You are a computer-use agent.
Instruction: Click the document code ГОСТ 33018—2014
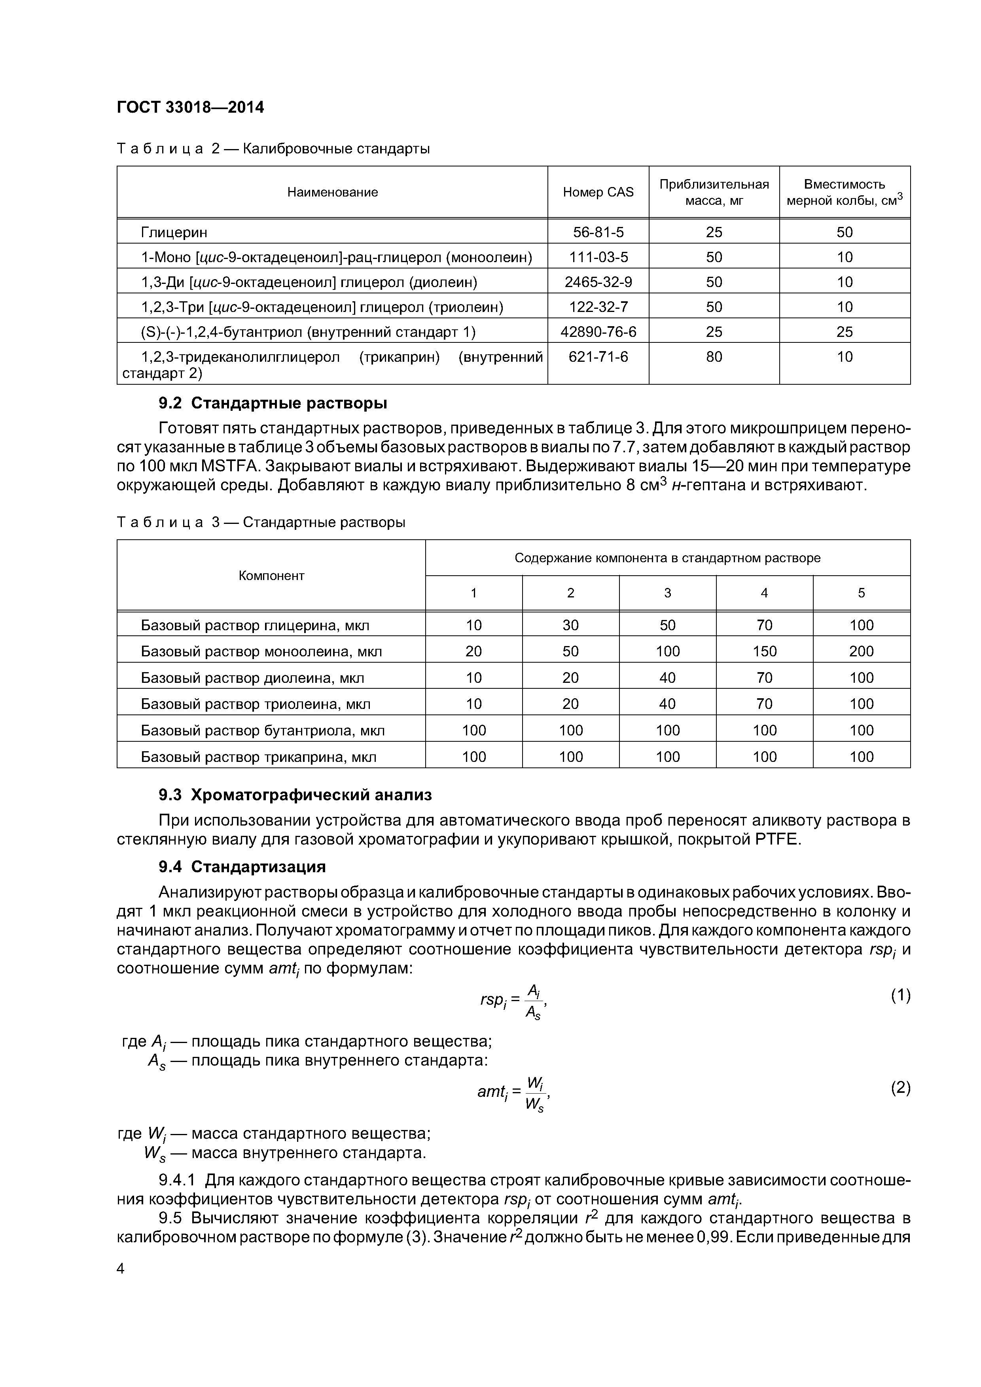click(190, 108)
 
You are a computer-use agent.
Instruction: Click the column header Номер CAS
click(598, 192)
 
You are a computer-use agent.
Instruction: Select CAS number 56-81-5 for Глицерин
click(598, 232)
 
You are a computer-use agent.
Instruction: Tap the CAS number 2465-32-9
click(598, 282)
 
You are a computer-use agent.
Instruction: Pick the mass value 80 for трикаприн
click(714, 357)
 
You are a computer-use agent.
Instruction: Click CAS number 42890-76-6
click(598, 332)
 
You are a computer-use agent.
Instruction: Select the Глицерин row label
click(174, 232)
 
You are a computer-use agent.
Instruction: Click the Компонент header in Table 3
click(271, 576)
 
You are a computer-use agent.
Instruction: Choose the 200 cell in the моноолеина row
click(861, 651)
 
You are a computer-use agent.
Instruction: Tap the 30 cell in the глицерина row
click(570, 625)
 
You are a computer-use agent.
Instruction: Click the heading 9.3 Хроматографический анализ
click(295, 796)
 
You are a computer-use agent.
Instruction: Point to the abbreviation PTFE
click(777, 840)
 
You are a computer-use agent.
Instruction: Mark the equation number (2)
click(900, 1088)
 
